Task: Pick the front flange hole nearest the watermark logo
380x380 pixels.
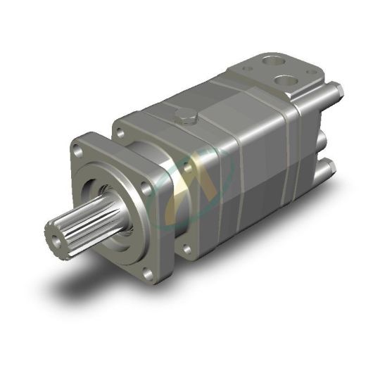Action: coord(146,189)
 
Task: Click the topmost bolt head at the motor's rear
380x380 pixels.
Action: coord(336,90)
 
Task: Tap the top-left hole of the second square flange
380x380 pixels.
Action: coord(120,132)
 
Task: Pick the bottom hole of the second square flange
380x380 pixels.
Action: coord(185,247)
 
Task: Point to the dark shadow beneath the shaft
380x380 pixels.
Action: coord(77,281)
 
